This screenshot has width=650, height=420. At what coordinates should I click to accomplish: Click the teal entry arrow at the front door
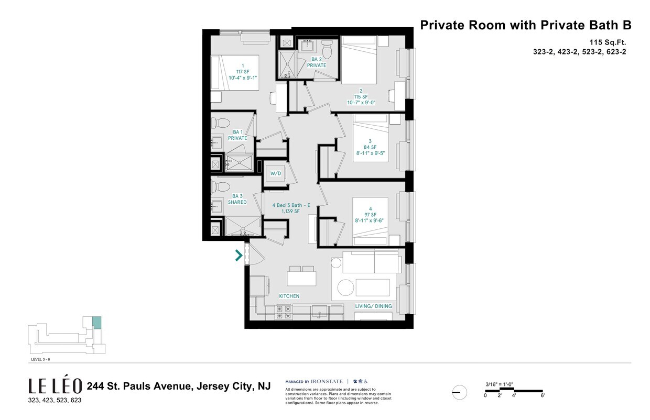point(239,256)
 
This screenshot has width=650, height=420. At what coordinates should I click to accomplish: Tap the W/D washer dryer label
point(276,173)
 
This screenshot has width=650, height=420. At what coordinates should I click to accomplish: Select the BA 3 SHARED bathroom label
point(237,199)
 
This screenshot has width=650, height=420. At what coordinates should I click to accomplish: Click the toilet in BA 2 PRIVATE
point(327,51)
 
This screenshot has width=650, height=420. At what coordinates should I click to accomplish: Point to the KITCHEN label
point(289,296)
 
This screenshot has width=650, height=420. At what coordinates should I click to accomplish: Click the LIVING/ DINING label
point(373,306)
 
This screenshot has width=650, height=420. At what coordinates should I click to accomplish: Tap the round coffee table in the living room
point(345,288)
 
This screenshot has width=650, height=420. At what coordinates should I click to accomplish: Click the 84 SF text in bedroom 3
point(370,147)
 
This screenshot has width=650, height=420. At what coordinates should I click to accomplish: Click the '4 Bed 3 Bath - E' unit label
point(291,205)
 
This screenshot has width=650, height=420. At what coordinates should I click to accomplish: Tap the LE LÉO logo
point(55,386)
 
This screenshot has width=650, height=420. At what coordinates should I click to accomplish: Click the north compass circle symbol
point(459,392)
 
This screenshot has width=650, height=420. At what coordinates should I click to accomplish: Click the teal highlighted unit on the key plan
point(96,323)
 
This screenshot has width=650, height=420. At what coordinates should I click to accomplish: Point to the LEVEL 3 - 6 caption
point(40,360)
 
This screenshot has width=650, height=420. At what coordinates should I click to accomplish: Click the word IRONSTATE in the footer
point(327,382)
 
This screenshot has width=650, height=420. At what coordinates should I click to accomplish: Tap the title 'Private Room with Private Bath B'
point(526,25)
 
